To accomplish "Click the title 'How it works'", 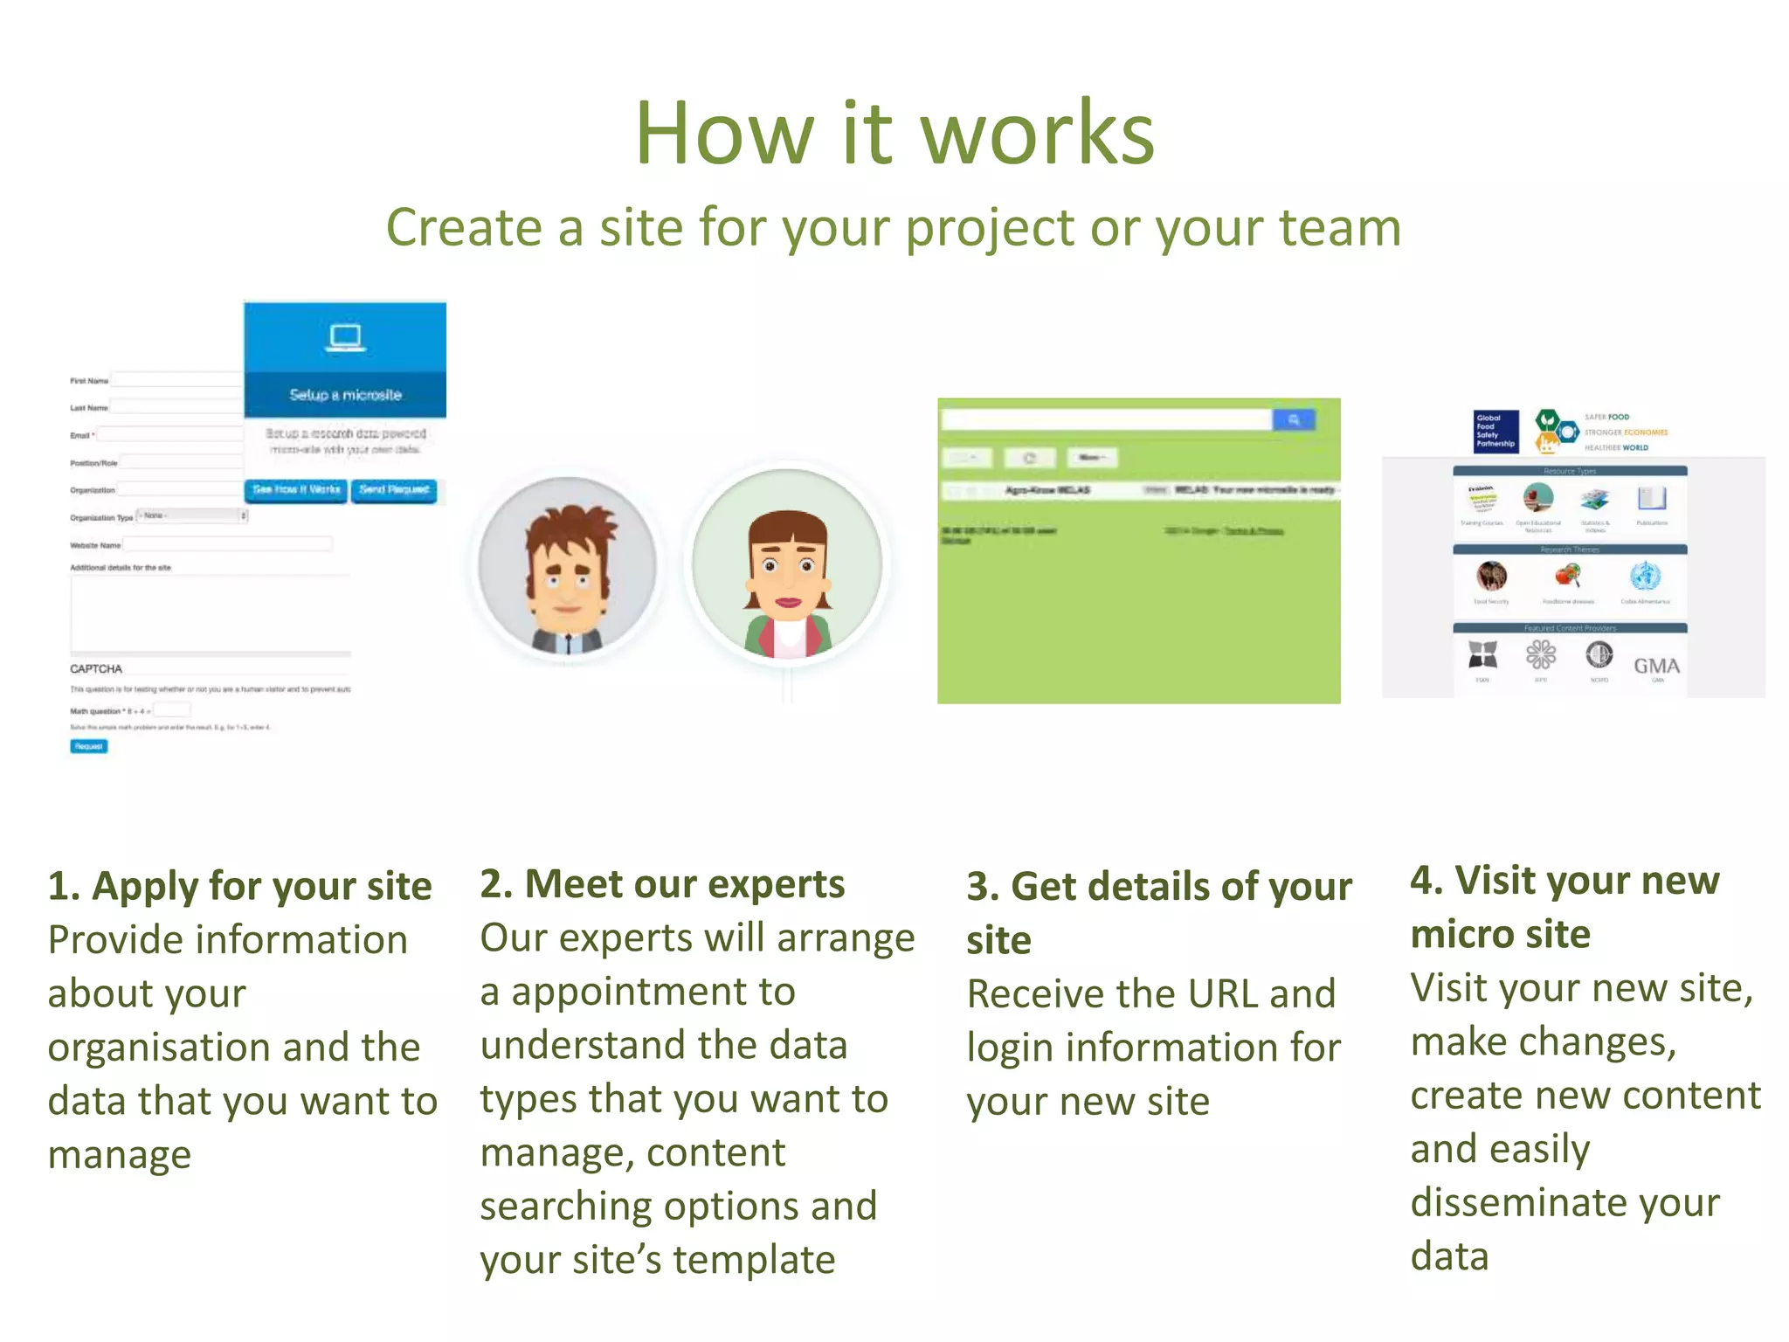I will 894,133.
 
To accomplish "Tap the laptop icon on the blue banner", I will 345,338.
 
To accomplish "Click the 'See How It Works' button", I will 296,490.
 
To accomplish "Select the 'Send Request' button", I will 394,490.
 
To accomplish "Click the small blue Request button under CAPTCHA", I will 88,746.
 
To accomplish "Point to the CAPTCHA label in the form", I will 96,668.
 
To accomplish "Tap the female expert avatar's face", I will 788,572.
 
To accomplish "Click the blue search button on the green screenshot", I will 1293,420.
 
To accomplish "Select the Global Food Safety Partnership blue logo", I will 1495,431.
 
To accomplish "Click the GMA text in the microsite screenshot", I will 1656,666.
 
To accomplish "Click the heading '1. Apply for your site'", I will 240,886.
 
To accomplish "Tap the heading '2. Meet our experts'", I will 662,884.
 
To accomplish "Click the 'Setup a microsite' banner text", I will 345,395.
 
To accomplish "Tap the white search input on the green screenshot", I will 1106,420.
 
